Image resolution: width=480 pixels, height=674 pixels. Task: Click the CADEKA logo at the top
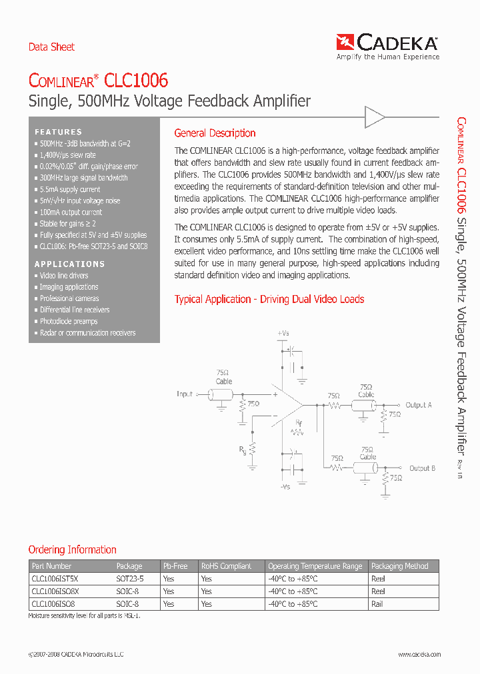click(388, 45)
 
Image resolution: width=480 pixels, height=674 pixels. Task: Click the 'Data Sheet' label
click(51, 47)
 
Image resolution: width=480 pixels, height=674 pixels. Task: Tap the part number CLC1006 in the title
click(137, 81)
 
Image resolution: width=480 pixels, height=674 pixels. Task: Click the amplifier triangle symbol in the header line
click(375, 119)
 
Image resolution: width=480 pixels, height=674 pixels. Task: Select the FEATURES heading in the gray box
click(59, 132)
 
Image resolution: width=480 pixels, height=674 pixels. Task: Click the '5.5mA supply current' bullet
click(69, 189)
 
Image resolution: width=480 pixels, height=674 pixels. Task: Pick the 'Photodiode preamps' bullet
click(69, 321)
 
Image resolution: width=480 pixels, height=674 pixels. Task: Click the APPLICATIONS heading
click(70, 264)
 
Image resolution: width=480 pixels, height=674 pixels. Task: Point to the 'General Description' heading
click(215, 133)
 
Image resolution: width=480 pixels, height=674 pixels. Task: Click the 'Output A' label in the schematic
click(419, 405)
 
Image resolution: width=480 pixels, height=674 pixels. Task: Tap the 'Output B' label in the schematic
click(422, 468)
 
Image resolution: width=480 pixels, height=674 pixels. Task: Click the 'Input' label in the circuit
click(185, 394)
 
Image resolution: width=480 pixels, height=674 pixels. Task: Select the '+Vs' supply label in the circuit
click(283, 332)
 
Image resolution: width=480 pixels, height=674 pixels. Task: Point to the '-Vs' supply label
click(284, 487)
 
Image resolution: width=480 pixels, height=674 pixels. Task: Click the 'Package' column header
click(129, 566)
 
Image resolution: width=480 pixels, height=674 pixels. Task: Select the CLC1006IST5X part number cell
click(55, 579)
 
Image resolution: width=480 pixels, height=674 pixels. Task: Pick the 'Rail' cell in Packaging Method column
click(377, 603)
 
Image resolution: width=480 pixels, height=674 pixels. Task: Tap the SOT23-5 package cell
click(130, 579)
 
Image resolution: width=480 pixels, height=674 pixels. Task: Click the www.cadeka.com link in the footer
click(419, 655)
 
